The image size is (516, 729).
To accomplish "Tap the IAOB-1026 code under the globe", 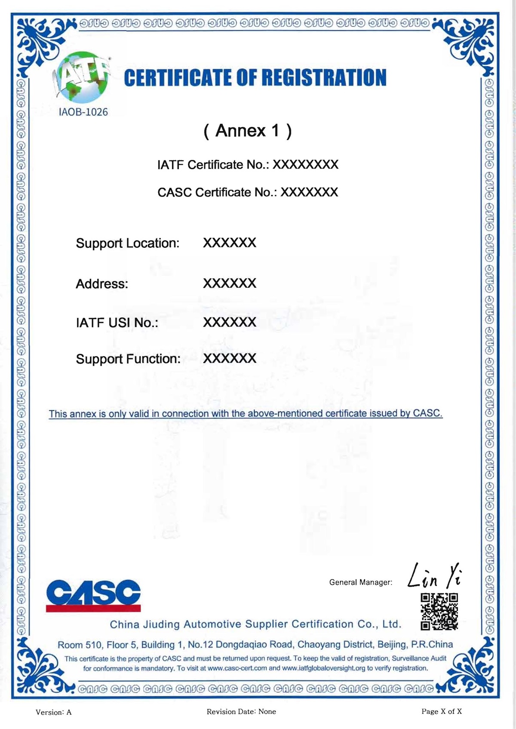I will tap(83, 112).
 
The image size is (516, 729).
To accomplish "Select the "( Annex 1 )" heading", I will tap(248, 131).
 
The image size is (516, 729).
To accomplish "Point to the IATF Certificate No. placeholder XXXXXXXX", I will tap(305, 165).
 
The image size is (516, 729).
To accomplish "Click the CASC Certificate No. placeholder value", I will tap(309, 192).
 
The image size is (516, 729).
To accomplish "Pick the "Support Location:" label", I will tap(127, 243).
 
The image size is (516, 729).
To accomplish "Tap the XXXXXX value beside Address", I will tap(230, 283).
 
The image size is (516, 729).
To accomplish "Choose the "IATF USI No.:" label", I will tap(117, 323).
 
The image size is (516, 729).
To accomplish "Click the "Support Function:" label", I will tap(128, 359).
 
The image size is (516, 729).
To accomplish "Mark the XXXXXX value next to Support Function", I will tap(230, 359).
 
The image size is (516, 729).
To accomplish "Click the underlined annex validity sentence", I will tap(246, 414).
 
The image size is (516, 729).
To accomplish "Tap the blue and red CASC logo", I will tap(93, 595).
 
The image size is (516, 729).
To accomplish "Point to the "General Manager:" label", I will tap(361, 582).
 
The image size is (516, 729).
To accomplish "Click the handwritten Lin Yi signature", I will tap(434, 576).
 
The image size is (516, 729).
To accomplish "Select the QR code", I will tap(439, 611).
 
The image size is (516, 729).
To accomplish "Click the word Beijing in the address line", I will tap(390, 645).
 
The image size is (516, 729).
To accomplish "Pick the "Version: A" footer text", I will tap(54, 712).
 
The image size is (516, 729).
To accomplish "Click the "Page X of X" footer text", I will tap(441, 711).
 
